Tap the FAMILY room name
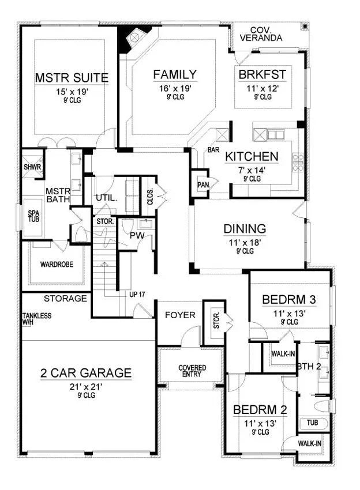(175, 75)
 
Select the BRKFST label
(262, 74)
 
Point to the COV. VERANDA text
(266, 33)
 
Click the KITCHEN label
(252, 156)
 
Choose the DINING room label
(245, 228)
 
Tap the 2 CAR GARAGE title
(85, 373)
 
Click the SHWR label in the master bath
(32, 167)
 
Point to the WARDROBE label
(56, 265)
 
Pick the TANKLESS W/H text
(37, 319)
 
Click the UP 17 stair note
(137, 294)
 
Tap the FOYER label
(180, 315)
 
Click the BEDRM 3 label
(288, 300)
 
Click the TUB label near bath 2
(312, 423)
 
